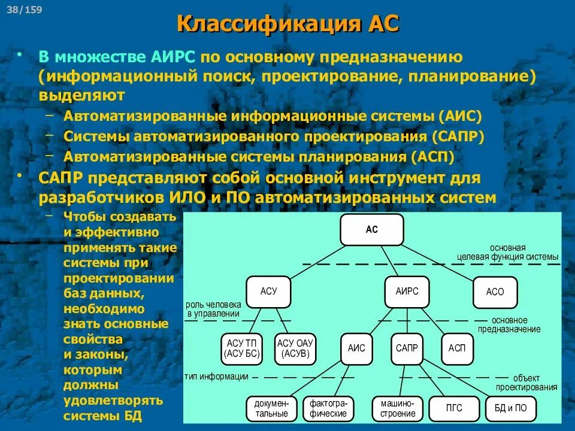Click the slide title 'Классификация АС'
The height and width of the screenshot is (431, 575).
click(288, 25)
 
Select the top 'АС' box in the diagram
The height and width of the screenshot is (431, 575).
click(372, 230)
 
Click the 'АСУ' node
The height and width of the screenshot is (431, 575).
click(269, 292)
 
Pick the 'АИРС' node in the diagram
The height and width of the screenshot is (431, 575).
click(407, 291)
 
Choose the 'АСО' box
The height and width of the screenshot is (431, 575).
click(495, 292)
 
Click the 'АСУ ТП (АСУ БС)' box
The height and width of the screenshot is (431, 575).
click(241, 348)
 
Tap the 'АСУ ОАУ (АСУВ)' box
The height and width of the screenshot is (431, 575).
click(296, 348)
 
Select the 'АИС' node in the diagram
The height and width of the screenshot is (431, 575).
click(356, 347)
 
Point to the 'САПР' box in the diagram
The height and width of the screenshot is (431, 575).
click(407, 347)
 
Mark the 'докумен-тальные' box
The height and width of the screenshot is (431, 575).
click(271, 408)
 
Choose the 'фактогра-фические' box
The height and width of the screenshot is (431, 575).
click(328, 408)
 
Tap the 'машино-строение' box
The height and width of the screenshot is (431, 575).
click(398, 408)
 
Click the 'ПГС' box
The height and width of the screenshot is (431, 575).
click(454, 408)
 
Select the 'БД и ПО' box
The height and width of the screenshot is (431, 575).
click(511, 408)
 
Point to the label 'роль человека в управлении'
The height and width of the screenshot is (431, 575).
click(213, 309)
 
